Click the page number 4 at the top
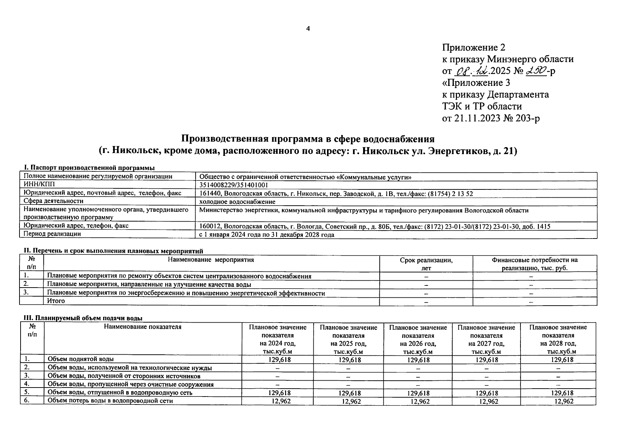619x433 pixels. pos(308,29)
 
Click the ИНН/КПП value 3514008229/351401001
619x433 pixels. pos(234,185)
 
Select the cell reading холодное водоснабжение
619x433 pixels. pos(237,202)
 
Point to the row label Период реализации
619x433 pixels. pos(52,234)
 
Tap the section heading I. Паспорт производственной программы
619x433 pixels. pos(89,168)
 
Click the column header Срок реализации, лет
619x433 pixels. pos(426,264)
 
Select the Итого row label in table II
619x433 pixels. pos(56,301)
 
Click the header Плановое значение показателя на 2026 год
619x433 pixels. pos(418,339)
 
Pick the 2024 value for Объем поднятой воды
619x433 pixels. pos(280,360)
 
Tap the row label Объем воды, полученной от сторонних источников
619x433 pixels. pos(124,376)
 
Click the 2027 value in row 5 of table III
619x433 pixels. pos(487,393)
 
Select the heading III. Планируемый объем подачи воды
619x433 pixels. pos(83,318)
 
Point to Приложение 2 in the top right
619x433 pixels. pos(474,48)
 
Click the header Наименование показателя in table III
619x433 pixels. pos(143,327)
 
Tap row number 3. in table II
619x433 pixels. pos(26,292)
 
